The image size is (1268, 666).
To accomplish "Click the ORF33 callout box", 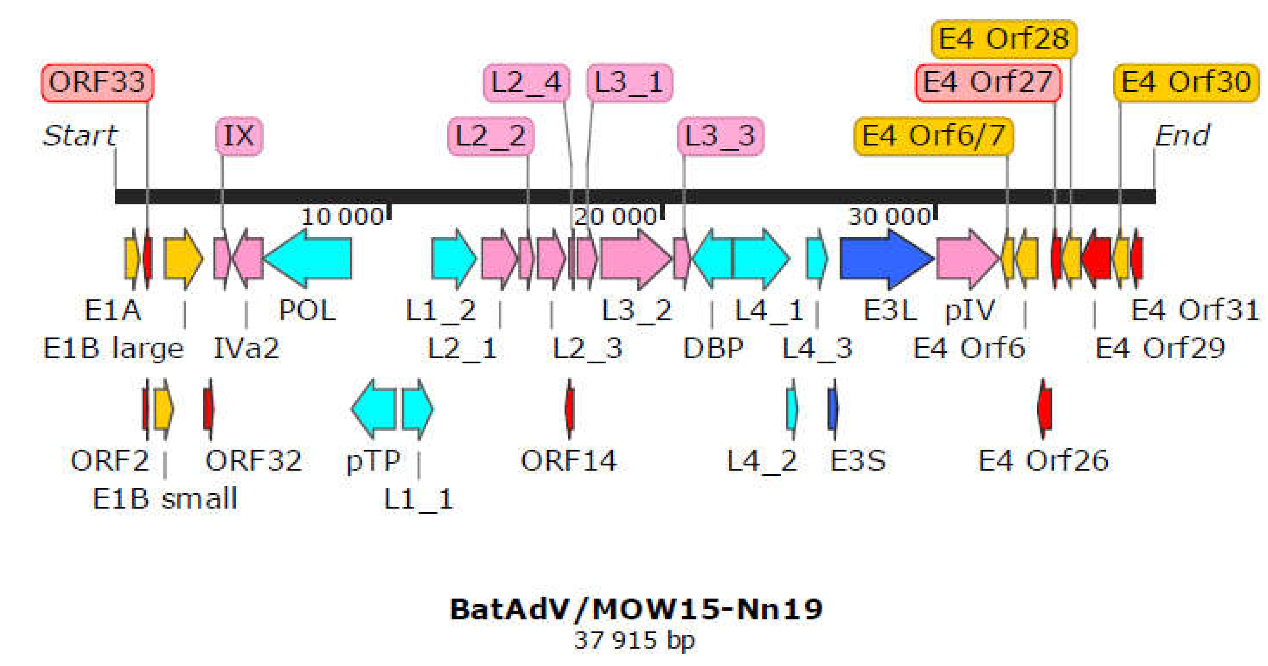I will point(97,82).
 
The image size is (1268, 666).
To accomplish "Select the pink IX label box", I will point(239,136).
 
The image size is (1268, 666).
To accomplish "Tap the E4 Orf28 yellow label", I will point(1004,39).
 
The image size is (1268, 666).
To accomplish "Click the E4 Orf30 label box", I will point(1186,82).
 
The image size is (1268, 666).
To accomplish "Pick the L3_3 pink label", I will point(720,136).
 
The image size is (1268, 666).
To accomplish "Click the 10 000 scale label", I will point(342,216).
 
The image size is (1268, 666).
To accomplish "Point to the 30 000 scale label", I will point(889,216).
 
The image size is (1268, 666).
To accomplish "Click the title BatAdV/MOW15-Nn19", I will point(636,609).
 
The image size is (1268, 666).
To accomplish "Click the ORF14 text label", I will point(568,461).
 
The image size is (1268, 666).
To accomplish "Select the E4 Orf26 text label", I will point(1043,461).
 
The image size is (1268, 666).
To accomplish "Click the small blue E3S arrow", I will point(832,408).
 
